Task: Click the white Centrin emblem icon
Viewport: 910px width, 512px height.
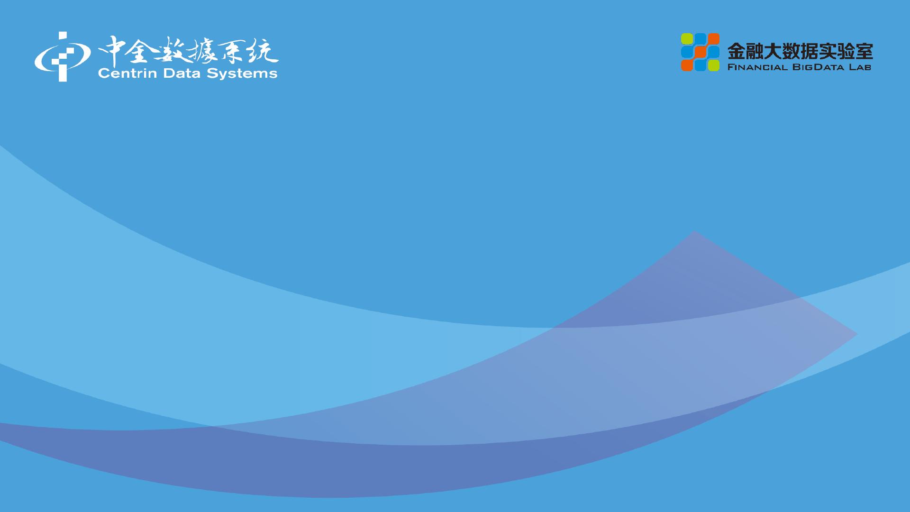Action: pos(62,56)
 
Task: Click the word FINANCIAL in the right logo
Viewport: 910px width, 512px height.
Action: pos(757,67)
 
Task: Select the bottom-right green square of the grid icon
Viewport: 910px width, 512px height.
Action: pos(713,65)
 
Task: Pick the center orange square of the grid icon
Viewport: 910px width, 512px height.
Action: pos(700,52)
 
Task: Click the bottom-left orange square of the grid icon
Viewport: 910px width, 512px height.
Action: pos(687,65)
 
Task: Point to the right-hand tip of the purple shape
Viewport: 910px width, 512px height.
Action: pos(857,334)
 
